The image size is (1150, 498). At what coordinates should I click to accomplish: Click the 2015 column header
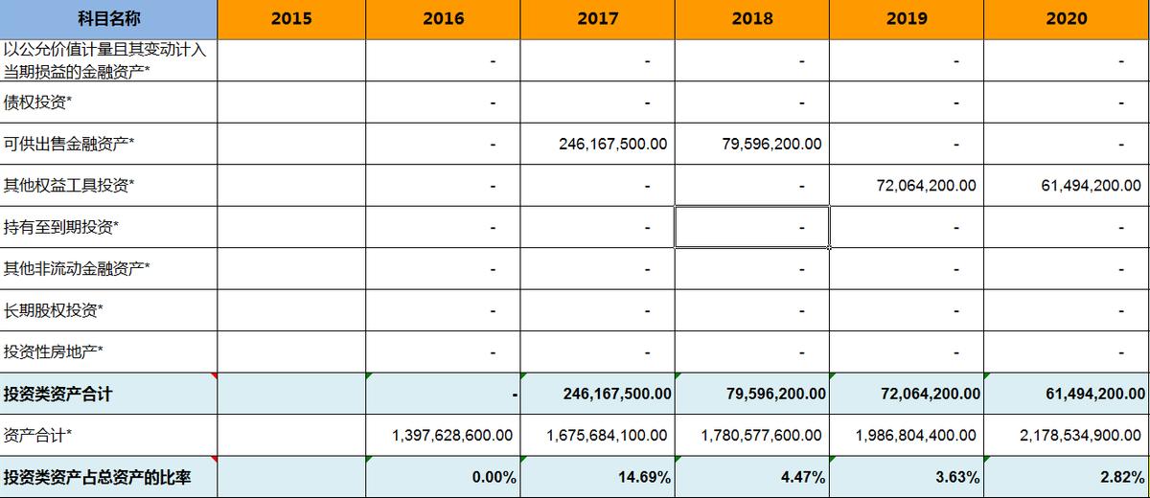click(291, 18)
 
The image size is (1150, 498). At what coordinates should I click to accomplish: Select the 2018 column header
click(752, 18)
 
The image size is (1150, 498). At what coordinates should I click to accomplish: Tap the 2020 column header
click(1067, 18)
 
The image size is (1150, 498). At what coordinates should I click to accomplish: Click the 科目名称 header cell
click(108, 18)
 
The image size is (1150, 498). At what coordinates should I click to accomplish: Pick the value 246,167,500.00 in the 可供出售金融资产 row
click(613, 144)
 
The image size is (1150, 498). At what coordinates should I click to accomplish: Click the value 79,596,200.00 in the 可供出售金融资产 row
click(770, 144)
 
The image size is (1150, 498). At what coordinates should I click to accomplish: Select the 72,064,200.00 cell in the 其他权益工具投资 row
click(926, 186)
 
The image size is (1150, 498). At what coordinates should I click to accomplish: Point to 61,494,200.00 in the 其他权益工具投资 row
click(1091, 186)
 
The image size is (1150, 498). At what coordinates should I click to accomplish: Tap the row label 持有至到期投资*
click(61, 227)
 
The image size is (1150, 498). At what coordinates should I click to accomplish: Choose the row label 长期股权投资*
click(54, 310)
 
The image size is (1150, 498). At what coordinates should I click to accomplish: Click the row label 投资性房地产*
click(54, 351)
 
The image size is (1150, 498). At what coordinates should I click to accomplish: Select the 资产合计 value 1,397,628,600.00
click(452, 435)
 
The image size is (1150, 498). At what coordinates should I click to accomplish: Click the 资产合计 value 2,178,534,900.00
click(1080, 435)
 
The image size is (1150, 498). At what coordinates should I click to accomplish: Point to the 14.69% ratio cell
click(644, 477)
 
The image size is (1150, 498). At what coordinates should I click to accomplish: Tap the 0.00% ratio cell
click(494, 477)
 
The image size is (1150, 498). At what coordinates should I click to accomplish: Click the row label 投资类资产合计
click(58, 394)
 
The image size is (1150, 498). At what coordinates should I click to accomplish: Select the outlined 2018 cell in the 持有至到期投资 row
click(752, 227)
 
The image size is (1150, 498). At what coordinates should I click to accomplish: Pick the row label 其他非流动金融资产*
click(76, 268)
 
